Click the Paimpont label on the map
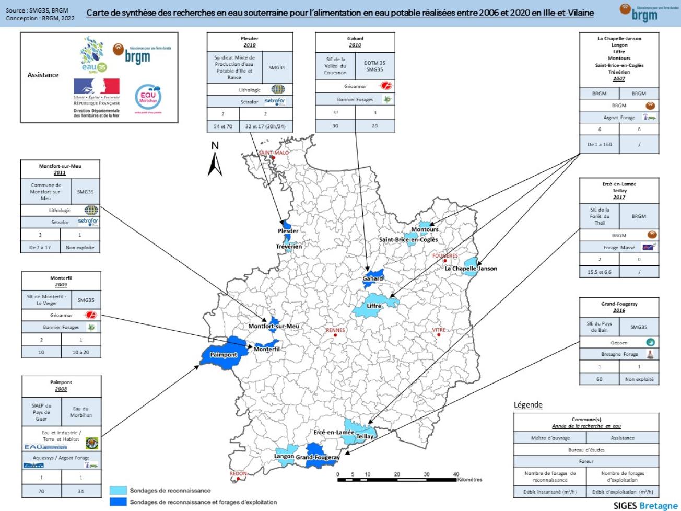[224, 355]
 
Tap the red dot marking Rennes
[335, 335]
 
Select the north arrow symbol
[215, 160]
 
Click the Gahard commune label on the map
[373, 279]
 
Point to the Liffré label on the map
[373, 306]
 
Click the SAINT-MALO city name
[274, 153]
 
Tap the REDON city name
[238, 473]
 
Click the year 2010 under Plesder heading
[250, 45]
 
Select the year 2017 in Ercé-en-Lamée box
[619, 198]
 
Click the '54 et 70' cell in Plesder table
[223, 126]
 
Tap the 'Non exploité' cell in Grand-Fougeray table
[639, 379]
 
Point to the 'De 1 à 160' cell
[599, 144]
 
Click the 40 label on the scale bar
[456, 474]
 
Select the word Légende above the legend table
[528, 405]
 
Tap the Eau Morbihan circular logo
[148, 97]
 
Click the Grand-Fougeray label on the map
[318, 458]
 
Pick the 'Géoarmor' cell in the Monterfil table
[61, 316]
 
